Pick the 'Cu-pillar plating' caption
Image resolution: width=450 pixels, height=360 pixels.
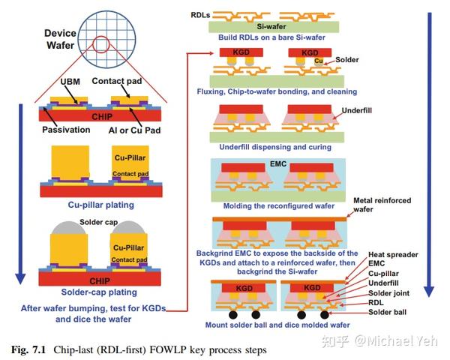pos(100,204)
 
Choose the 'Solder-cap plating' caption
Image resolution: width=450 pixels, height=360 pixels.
pos(100,292)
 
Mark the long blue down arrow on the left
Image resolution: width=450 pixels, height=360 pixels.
pos(19,195)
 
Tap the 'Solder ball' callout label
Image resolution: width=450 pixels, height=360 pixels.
pos(391,312)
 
